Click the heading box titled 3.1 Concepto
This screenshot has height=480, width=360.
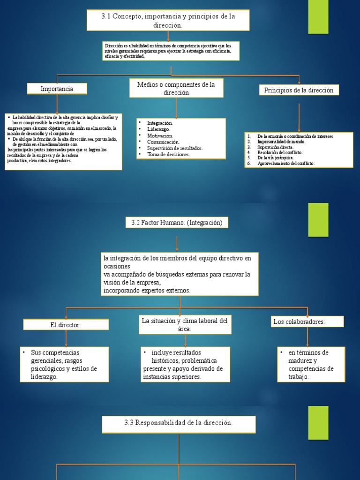pos(168,20)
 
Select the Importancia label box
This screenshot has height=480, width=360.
pos(57,89)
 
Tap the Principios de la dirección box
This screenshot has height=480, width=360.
pos(299,90)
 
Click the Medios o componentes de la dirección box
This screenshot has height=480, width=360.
pos(176,88)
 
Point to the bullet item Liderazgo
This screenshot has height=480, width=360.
pos(158,129)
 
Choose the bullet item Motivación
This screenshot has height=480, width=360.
pos(160,135)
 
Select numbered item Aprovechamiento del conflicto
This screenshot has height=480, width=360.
pos(286,164)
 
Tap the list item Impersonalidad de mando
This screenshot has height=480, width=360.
pos(281,142)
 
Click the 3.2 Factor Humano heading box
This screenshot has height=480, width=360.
pos(177,223)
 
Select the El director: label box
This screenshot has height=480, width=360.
pos(66,324)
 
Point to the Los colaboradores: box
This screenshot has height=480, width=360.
pos(307,322)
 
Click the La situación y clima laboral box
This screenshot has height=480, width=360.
pos(185,324)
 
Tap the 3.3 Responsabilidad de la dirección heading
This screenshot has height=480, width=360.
pos(179,423)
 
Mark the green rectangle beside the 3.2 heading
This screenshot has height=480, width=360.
pos(318,219)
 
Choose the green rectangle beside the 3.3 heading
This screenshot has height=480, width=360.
pos(318,422)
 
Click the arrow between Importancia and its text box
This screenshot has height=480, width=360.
pos(57,103)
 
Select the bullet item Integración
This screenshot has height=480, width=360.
pos(160,123)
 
